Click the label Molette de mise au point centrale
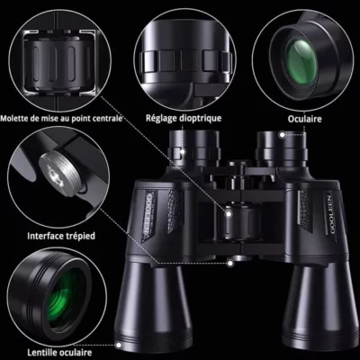pos(61,118)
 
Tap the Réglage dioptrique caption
pos(184,118)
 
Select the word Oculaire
pos(304,119)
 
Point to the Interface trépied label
pos(61,236)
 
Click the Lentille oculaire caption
pos(59,352)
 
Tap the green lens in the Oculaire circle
pos(301,62)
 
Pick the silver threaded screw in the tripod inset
pos(61,173)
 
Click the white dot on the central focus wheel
pos(229,214)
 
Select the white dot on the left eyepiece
pos(183,151)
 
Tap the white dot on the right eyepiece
pos(282,135)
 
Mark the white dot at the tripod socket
pos(230,264)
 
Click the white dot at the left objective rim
pos(119,345)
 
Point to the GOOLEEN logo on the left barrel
pos(149,214)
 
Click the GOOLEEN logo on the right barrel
pos(331,214)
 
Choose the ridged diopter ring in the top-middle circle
pos(186,61)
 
